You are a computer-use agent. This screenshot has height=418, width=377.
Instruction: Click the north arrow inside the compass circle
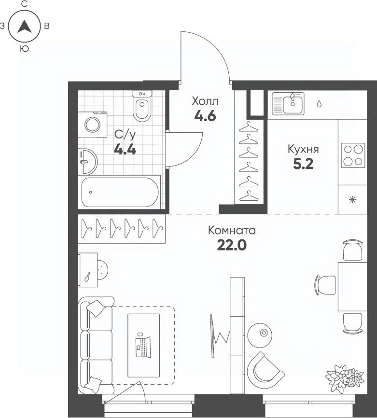tap(24, 27)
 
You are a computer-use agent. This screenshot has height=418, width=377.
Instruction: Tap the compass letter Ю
tap(24, 49)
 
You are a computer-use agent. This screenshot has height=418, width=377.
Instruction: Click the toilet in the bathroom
tap(142, 106)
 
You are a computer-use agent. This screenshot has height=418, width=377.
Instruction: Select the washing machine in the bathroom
tap(93, 125)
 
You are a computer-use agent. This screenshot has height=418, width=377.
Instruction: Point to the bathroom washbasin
tap(87, 162)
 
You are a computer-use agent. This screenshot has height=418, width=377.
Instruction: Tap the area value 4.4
tap(125, 149)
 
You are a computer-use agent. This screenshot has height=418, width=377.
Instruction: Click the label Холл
tap(205, 101)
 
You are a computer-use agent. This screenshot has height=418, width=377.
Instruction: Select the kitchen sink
tap(288, 104)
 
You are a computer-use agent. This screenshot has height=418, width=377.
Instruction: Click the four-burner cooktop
tap(353, 155)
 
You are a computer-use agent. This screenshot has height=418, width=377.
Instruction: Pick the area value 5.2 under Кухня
tap(303, 164)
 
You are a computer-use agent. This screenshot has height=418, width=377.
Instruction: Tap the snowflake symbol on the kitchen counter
tap(352, 200)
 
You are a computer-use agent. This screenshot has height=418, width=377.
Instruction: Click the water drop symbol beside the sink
tap(319, 104)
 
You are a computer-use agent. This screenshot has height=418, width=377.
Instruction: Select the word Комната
tap(232, 230)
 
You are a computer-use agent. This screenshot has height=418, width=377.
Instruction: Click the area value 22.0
tap(232, 245)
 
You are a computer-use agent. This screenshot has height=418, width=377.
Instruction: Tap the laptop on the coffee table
tap(143, 347)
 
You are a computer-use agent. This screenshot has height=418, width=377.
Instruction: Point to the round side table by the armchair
tap(260, 335)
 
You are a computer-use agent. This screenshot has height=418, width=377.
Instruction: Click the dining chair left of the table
tap(325, 285)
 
